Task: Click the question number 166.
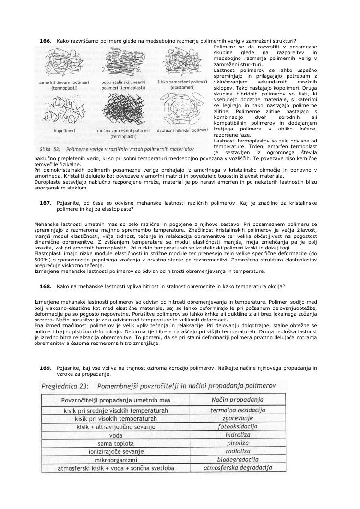(46, 41)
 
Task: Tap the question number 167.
(46, 203)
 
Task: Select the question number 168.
(46, 286)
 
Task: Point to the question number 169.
(46, 368)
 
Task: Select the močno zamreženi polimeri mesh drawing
(123, 108)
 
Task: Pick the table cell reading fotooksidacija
(238, 426)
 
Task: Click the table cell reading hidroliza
(238, 435)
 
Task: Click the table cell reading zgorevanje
(238, 418)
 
